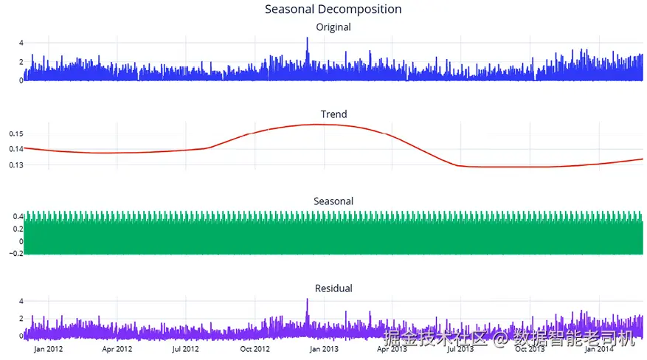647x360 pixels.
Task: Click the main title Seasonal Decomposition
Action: [x=333, y=10]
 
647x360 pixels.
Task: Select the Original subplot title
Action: [x=333, y=27]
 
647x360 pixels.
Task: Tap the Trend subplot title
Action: [x=333, y=114]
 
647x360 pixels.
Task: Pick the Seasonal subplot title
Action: [x=333, y=201]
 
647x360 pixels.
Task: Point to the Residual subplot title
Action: [x=333, y=288]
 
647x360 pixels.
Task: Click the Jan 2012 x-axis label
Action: [x=49, y=349]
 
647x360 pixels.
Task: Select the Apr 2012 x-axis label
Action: [x=117, y=349]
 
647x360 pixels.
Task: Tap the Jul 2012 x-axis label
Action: [x=186, y=349]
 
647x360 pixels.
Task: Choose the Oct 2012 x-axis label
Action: [x=255, y=349]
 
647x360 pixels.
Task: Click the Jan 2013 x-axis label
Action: [x=324, y=349]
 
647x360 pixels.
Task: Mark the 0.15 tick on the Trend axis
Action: [x=15, y=134]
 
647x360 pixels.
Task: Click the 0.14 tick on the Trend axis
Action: [x=15, y=149]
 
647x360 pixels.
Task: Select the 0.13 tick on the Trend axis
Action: [x=15, y=165]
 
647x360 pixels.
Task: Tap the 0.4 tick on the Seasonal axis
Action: [x=18, y=216]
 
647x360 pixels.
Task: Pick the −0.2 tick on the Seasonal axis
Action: [x=15, y=253]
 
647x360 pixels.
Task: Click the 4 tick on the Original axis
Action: [x=21, y=42]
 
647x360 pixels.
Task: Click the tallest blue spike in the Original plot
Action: [x=308, y=39]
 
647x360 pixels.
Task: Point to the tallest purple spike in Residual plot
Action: [x=308, y=300]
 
